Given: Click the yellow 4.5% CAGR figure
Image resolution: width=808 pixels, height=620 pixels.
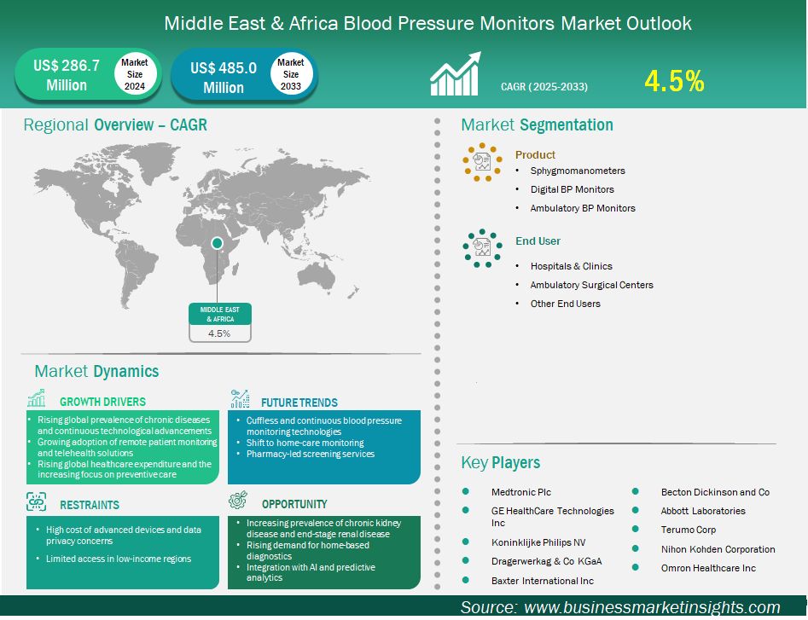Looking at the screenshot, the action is [x=674, y=81].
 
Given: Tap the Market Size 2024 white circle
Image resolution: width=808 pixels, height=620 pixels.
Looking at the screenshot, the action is [x=135, y=74].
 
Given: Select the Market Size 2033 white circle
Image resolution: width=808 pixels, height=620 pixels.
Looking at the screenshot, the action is [x=291, y=74].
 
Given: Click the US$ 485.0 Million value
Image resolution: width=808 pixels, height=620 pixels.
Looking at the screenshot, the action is [x=224, y=78].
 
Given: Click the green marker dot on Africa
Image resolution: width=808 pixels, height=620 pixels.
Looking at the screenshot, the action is [x=217, y=243].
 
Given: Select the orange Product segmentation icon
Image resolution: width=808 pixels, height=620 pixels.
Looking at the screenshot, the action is [x=482, y=162].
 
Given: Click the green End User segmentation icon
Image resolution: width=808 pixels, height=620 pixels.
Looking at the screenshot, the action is [x=482, y=248].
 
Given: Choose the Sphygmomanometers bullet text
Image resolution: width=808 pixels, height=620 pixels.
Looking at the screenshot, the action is [x=578, y=171].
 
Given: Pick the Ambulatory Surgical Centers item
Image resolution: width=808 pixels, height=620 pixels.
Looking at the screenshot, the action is [x=591, y=285].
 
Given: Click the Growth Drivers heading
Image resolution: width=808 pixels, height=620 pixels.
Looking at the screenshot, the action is [x=102, y=402].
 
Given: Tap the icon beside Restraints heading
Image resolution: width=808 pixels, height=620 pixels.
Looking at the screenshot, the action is [x=37, y=501].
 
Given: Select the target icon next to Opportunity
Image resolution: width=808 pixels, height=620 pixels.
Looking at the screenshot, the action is [x=239, y=500].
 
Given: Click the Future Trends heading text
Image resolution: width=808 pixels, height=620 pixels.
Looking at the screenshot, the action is [x=299, y=403].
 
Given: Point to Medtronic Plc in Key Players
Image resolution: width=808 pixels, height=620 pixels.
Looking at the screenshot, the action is [x=521, y=492].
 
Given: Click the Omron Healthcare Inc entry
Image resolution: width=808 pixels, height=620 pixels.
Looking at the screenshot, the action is [x=708, y=568].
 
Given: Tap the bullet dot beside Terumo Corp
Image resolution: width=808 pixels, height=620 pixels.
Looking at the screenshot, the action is [x=636, y=529].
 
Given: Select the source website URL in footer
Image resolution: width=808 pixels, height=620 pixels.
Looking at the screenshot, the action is [x=652, y=607].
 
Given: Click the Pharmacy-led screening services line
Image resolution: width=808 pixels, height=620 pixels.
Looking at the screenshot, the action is [x=311, y=455].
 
